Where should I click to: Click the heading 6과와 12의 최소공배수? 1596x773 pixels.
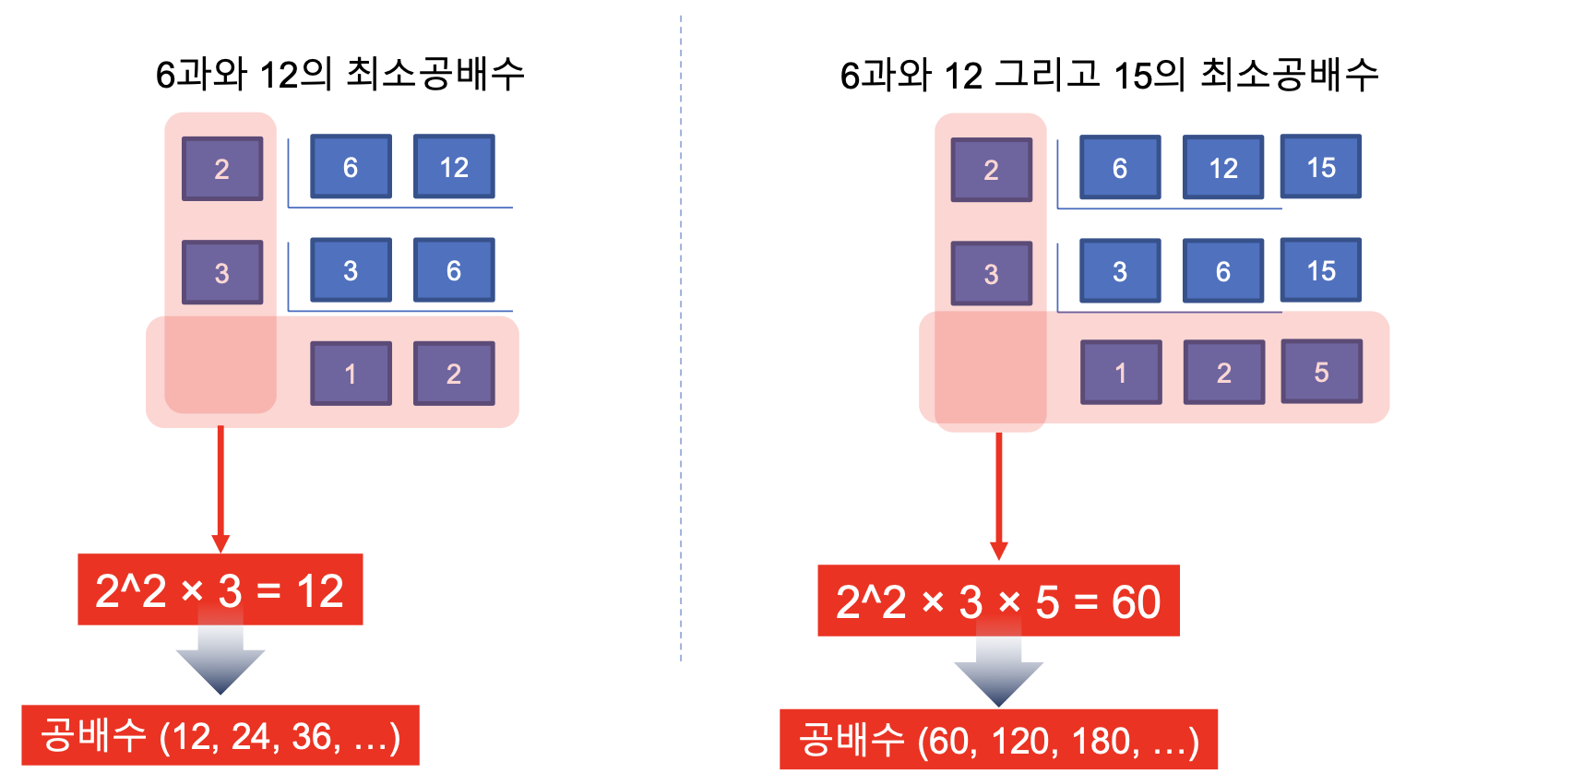[339, 74]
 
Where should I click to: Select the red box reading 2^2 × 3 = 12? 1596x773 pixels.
[220, 590]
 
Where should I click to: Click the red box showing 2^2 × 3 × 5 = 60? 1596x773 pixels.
[998, 601]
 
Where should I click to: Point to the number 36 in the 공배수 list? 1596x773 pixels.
[311, 737]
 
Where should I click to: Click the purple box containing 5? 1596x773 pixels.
[1321, 372]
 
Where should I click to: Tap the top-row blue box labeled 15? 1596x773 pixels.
[1321, 167]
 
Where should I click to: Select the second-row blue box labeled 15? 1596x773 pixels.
[1321, 270]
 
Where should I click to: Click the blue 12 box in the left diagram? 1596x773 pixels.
[454, 167]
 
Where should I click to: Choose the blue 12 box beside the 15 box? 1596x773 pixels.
[1223, 168]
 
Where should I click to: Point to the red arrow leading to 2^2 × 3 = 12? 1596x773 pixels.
[220, 489]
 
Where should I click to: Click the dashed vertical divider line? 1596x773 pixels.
[681, 332]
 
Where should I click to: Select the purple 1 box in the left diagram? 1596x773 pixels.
[351, 374]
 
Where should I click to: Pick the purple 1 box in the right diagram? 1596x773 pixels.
[1121, 373]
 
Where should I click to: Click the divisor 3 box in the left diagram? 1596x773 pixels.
[222, 273]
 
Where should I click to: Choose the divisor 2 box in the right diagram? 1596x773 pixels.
[992, 170]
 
